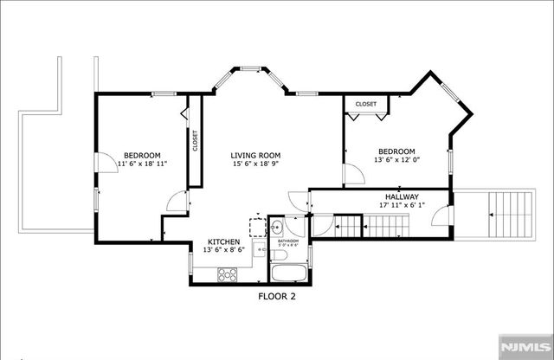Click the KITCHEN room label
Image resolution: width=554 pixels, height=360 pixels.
coord(224,241)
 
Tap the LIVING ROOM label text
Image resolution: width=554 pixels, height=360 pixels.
coord(256,156)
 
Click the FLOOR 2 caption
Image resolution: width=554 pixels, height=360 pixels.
coord(277,296)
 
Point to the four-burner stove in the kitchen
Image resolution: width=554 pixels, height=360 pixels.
coord(227,274)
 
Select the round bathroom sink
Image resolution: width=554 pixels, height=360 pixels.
coord(274,228)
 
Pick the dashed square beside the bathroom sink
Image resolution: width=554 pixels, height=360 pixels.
coord(258,227)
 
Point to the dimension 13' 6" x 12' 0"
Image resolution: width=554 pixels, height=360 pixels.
coord(395,160)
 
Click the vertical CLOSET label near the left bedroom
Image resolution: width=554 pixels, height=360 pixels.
coord(195,140)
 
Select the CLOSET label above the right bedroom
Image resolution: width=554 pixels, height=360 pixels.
coord(366,104)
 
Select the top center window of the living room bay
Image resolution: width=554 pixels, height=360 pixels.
coord(251,67)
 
